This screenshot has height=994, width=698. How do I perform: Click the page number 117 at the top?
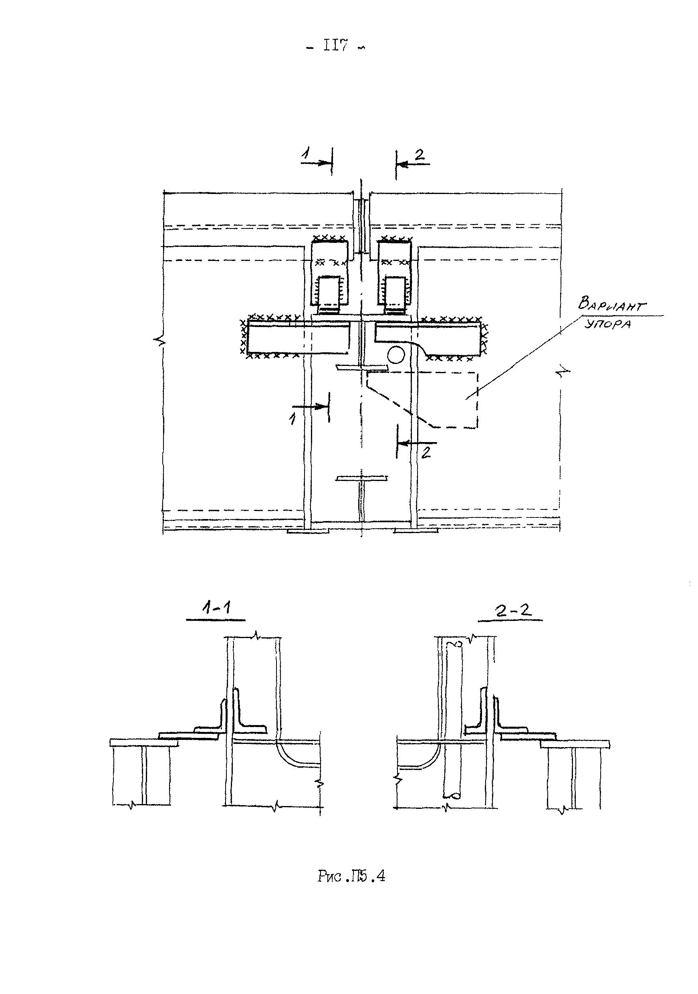336,46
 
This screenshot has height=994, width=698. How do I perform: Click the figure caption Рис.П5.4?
351,877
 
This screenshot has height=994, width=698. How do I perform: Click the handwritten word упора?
607,323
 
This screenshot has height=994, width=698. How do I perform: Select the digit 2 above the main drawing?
420,155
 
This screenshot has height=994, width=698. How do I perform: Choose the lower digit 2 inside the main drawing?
426,453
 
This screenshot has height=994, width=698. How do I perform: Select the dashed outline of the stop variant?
477,400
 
